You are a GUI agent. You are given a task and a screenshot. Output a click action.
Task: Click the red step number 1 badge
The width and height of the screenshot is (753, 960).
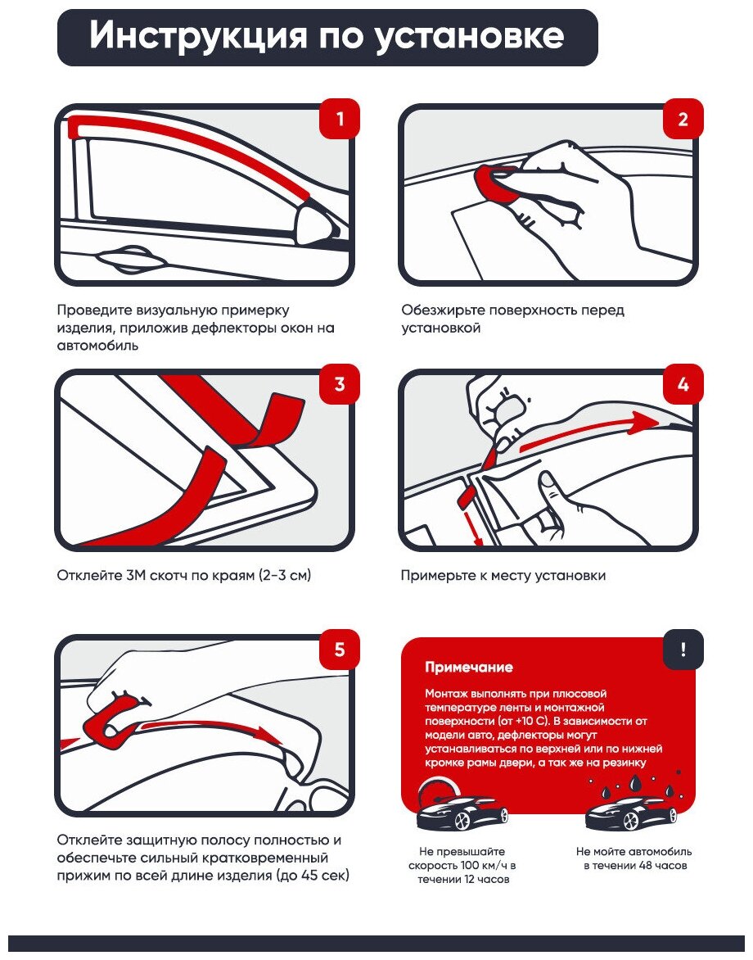tap(339, 120)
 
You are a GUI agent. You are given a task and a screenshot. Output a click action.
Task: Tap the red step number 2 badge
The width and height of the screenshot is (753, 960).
tap(683, 120)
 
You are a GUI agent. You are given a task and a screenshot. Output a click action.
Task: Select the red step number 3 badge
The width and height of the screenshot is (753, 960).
tap(339, 384)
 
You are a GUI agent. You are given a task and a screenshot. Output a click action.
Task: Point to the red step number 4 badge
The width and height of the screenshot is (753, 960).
tap(683, 384)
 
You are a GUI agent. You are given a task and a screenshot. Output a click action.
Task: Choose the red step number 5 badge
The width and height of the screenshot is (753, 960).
tap(339, 650)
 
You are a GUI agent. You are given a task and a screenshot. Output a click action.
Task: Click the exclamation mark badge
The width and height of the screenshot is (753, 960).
tap(683, 650)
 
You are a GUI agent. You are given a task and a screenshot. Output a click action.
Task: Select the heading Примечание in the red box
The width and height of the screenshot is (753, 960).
tap(469, 668)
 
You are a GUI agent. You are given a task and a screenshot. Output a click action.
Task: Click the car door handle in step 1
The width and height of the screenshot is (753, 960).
tap(131, 261)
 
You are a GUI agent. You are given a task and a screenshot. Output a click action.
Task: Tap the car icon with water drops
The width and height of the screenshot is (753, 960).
tap(631, 811)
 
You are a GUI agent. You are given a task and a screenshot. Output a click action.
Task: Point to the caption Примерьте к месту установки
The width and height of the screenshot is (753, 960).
tap(503, 576)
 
